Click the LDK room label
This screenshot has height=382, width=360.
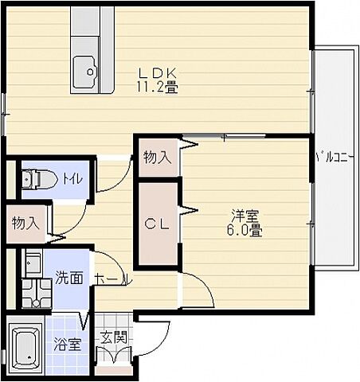point(158,73)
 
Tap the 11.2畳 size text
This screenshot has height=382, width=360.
point(157,87)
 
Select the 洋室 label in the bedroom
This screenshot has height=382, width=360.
point(245,216)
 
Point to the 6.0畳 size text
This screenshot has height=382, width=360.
point(245,230)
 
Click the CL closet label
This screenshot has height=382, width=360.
point(157,224)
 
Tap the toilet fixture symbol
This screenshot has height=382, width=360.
point(39,179)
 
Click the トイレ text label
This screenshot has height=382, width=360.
point(72,179)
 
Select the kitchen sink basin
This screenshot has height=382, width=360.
point(85,72)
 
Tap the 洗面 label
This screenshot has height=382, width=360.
point(68,277)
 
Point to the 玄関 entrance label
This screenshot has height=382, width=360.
point(113,337)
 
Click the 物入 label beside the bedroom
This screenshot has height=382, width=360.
point(157,158)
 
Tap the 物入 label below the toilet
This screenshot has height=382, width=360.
point(25,223)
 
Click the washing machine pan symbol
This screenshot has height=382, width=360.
point(37,293)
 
